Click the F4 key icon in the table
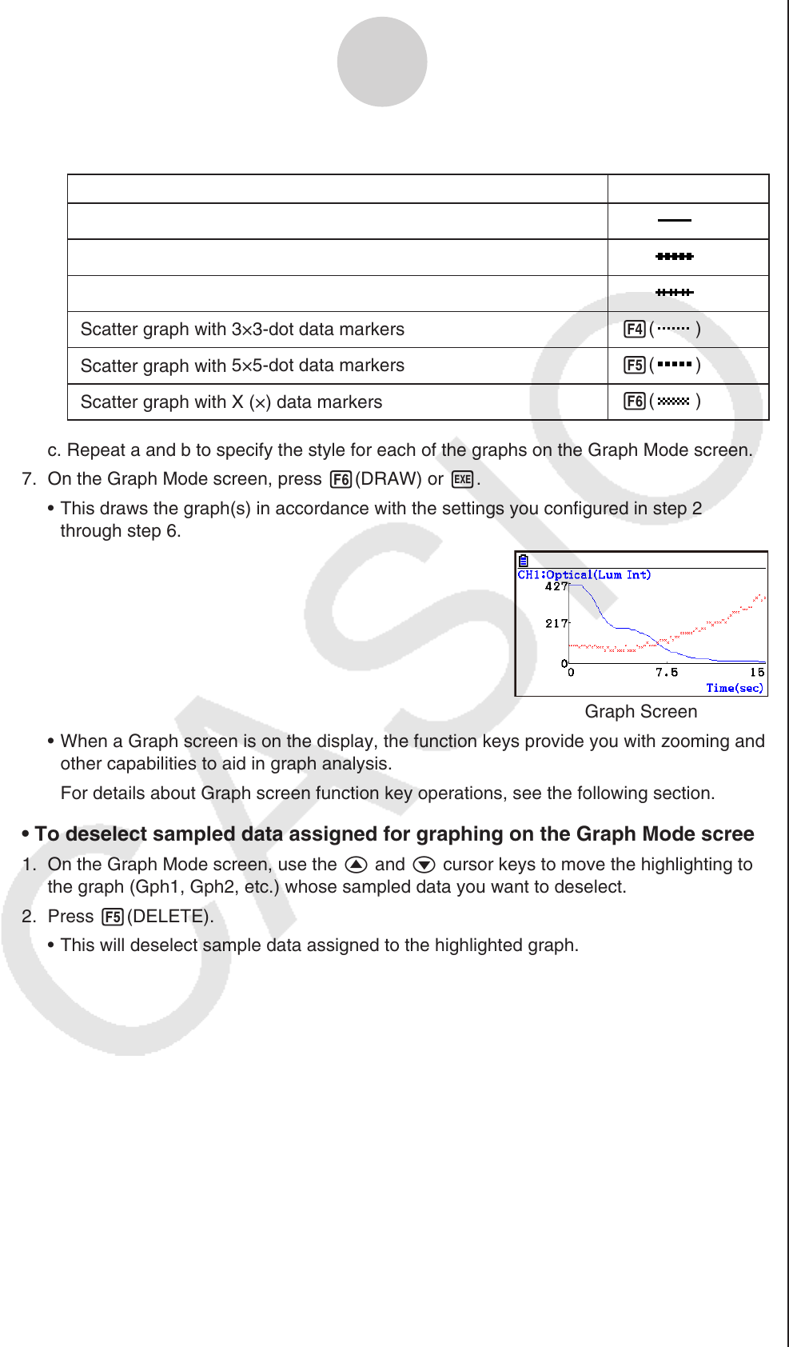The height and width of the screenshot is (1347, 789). click(635, 329)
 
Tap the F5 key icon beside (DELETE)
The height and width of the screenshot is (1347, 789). click(113, 917)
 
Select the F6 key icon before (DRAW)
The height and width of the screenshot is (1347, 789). click(341, 479)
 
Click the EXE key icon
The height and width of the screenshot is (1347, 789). click(462, 479)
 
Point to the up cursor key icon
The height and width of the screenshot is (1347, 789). click(356, 865)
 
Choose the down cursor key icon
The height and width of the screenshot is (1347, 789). click(424, 865)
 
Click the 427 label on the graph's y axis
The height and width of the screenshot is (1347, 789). click(556, 586)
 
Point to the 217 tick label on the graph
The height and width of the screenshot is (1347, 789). click(556, 623)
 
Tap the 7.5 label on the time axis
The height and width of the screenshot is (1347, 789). click(666, 673)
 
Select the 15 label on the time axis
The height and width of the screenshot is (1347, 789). click(756, 673)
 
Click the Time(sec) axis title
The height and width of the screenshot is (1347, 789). click(734, 688)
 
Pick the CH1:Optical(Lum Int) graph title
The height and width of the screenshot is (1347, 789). click(584, 574)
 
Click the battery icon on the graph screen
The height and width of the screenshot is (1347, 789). click(523, 561)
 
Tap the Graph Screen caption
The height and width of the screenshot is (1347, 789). click(640, 712)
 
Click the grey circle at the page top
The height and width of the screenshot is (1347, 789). click(382, 62)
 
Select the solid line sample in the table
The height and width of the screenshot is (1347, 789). click(674, 220)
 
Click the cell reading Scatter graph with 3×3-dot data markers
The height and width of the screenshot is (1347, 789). click(242, 330)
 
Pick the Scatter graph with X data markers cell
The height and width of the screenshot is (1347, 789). click(231, 402)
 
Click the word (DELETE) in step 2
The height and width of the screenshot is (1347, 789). click(170, 917)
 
